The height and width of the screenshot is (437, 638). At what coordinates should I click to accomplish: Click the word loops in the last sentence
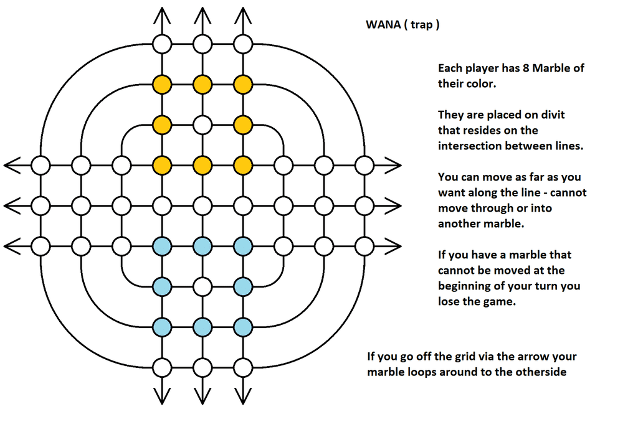pos(419,372)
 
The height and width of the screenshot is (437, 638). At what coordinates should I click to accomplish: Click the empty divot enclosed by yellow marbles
pos(202,125)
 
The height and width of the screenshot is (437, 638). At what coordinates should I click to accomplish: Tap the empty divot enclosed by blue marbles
pos(202,287)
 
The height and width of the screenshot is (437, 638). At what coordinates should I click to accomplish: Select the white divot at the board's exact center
pos(202,206)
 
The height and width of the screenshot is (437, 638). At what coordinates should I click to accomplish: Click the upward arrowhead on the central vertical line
pos(202,14)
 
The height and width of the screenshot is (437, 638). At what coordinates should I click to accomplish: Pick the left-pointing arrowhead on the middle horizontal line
pos(11,206)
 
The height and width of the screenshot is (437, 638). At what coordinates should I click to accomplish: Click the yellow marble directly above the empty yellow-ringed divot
pos(202,84)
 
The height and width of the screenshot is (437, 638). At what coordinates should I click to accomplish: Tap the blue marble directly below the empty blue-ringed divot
pos(202,327)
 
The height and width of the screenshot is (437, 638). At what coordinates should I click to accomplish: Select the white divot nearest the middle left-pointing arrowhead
pos(40,206)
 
